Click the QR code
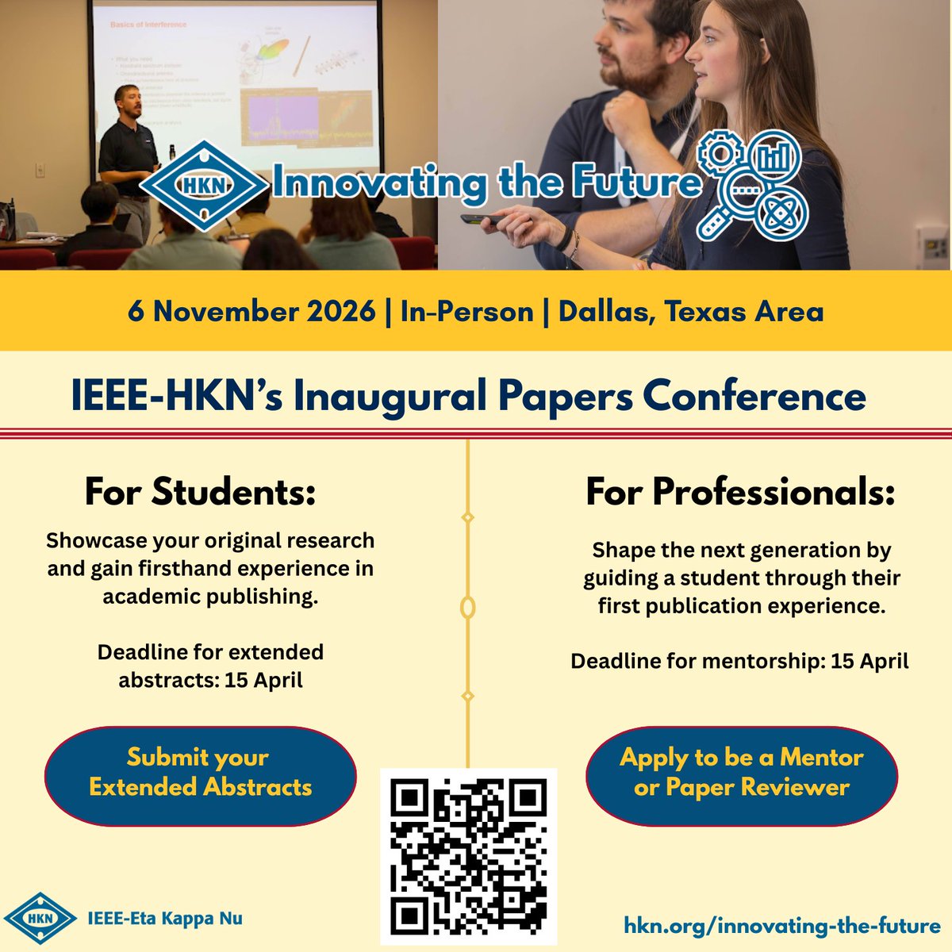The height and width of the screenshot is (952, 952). pos(469,856)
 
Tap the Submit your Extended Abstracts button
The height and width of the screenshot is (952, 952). pos(200,772)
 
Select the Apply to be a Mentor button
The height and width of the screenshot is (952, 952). pos(741,772)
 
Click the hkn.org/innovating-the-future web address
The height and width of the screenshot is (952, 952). pos(781,925)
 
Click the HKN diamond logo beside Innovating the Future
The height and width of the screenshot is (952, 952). pos(205,184)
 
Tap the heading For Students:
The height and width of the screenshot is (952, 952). pos(200,492)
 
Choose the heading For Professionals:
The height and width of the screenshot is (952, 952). pos(740,492)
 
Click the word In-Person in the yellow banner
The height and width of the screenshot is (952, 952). pos(466,311)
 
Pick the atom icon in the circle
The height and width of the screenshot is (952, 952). pos(781,213)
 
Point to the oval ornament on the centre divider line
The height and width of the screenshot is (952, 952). pos(468,608)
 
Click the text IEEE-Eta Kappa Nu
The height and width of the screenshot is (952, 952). pos(164,919)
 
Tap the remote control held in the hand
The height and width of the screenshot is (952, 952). pos(484,218)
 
